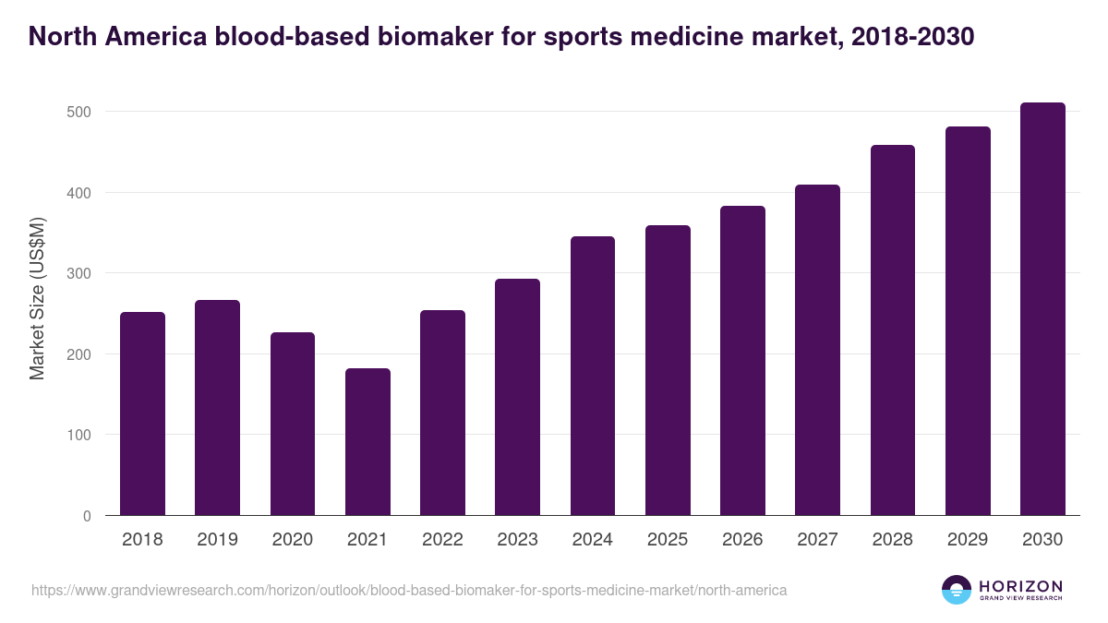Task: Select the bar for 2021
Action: click(x=367, y=442)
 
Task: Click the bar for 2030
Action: click(x=1042, y=309)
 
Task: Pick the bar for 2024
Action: click(x=593, y=376)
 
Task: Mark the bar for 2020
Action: click(x=293, y=424)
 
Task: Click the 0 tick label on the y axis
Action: click(x=87, y=516)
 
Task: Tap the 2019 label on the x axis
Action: click(x=217, y=540)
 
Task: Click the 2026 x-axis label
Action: click(x=742, y=540)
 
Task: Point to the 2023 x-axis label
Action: click(x=517, y=540)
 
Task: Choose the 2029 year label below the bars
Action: click(x=968, y=540)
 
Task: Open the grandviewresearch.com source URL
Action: click(x=409, y=590)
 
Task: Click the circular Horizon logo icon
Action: click(x=957, y=590)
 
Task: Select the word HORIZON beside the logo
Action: click(x=1020, y=586)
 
